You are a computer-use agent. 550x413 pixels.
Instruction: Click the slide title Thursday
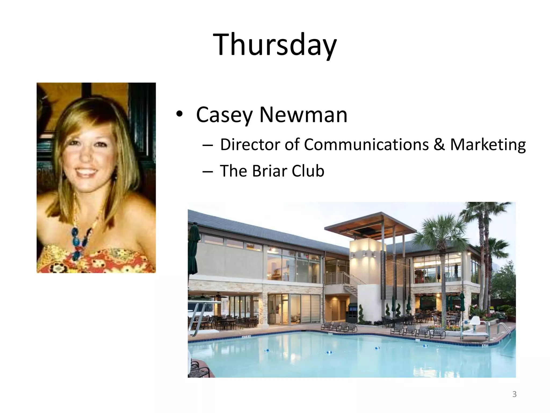[274, 44]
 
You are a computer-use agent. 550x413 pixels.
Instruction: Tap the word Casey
[224, 115]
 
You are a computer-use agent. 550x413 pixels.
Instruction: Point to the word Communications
[366, 144]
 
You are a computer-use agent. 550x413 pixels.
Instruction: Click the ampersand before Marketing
[439, 144]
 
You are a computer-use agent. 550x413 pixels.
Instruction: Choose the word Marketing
[488, 145]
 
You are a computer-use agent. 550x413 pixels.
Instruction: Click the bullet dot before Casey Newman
[179, 115]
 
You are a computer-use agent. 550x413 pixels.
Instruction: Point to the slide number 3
[514, 394]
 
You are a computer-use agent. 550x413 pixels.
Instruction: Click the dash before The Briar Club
[208, 171]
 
